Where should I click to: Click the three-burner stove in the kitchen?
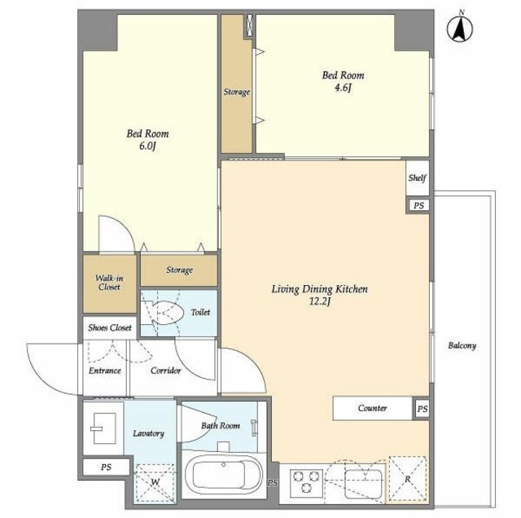(x=306, y=482)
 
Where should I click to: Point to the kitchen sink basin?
(x=363, y=484)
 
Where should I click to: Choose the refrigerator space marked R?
(x=407, y=479)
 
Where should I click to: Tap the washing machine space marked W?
(x=155, y=483)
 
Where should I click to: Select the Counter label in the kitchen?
(x=373, y=408)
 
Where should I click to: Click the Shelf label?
(x=417, y=178)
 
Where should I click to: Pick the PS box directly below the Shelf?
(x=418, y=205)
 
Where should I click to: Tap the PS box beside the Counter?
(x=422, y=409)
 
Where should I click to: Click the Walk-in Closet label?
(x=109, y=283)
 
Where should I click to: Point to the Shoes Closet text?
(x=110, y=328)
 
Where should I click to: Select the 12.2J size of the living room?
(x=319, y=302)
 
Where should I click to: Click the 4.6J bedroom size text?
(x=343, y=88)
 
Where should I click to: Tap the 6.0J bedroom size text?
(x=147, y=147)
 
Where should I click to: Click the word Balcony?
(x=462, y=346)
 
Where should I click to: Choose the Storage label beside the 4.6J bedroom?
(x=237, y=92)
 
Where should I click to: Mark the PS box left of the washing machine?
(x=106, y=468)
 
